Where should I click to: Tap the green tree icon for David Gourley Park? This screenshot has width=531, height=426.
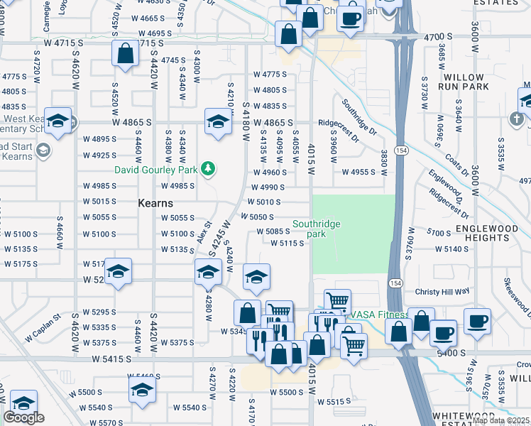click(208, 168)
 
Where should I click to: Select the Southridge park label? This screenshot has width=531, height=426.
click(317, 228)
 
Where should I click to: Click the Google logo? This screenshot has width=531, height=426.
click(23, 417)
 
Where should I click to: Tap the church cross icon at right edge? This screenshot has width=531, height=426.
click(518, 117)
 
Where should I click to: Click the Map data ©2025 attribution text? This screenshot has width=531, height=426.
click(501, 420)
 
